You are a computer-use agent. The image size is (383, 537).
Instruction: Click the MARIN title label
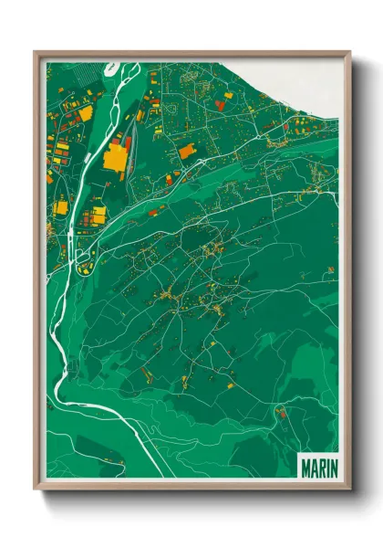pos(318,467)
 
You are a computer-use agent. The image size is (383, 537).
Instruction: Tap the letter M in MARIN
pos(305,467)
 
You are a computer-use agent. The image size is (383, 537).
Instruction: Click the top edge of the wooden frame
pos(191,52)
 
